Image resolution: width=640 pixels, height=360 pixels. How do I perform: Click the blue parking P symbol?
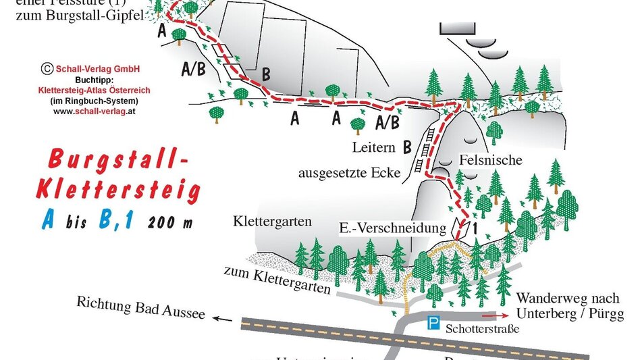tap(432, 325)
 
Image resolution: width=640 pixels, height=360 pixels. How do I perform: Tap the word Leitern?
tap(373, 147)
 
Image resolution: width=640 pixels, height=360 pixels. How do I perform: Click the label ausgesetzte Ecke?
tap(350, 173)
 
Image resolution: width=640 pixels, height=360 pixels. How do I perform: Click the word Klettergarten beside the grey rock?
tap(272, 221)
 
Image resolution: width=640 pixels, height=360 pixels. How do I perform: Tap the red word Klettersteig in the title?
tap(118, 192)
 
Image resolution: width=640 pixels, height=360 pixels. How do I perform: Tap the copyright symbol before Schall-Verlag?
tap(47, 68)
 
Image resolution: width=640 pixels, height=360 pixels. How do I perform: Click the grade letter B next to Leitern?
tap(407, 146)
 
